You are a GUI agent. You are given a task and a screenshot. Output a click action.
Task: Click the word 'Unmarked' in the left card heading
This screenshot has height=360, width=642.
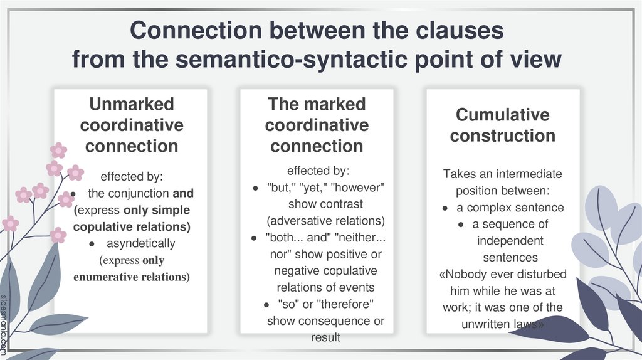(x=131, y=103)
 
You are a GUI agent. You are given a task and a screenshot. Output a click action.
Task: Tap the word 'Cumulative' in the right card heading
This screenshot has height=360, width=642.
(x=502, y=115)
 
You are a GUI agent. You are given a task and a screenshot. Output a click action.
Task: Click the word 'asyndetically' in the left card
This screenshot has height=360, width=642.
(x=140, y=243)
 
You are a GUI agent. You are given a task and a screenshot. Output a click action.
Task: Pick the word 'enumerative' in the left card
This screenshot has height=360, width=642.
(x=103, y=277)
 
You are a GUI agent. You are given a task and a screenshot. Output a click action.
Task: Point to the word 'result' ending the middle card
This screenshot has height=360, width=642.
(x=325, y=337)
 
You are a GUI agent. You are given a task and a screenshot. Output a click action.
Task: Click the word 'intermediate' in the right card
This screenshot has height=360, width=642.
(x=532, y=174)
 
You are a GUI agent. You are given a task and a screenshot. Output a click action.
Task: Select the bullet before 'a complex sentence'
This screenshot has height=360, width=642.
(x=445, y=208)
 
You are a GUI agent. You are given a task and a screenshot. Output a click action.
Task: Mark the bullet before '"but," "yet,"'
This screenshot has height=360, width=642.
(x=254, y=188)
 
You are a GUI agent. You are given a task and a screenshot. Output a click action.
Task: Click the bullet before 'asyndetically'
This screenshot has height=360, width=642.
(x=92, y=243)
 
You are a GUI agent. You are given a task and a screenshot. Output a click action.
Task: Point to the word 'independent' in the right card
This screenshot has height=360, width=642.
(x=510, y=241)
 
